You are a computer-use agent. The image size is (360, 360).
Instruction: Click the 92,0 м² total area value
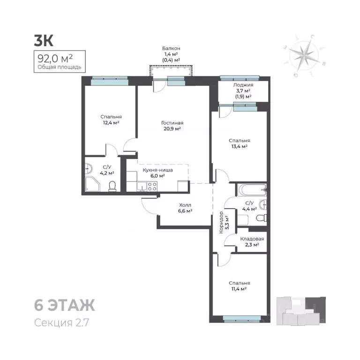point(55,59)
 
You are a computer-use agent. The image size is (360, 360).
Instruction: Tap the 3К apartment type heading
point(44,41)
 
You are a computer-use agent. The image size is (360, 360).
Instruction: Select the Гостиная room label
point(172,123)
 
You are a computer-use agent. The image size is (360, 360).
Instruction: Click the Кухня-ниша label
point(157,170)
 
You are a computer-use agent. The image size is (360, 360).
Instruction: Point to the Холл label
point(185,205)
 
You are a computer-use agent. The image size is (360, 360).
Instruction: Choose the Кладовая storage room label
point(252,239)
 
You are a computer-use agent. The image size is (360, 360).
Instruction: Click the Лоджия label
point(243,85)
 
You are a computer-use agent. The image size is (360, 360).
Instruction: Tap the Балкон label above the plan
point(171,48)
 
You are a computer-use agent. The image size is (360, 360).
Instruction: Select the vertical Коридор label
point(221,223)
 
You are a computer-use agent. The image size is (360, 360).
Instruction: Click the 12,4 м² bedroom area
point(111,123)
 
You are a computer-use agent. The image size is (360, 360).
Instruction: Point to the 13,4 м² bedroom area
point(239,146)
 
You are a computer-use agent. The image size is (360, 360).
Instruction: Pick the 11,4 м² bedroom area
point(239,289)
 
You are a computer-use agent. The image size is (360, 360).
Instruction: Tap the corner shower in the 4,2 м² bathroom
point(93,184)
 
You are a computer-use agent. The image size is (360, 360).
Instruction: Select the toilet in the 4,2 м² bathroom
point(112,187)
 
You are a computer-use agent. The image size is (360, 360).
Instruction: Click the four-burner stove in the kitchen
point(152,186)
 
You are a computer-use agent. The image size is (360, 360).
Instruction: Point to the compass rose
point(304,56)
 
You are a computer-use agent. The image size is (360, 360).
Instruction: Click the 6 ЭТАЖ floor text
point(65,305)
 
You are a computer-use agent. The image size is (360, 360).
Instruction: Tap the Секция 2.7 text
point(61,322)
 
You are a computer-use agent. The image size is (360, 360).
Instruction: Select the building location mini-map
point(301,311)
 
